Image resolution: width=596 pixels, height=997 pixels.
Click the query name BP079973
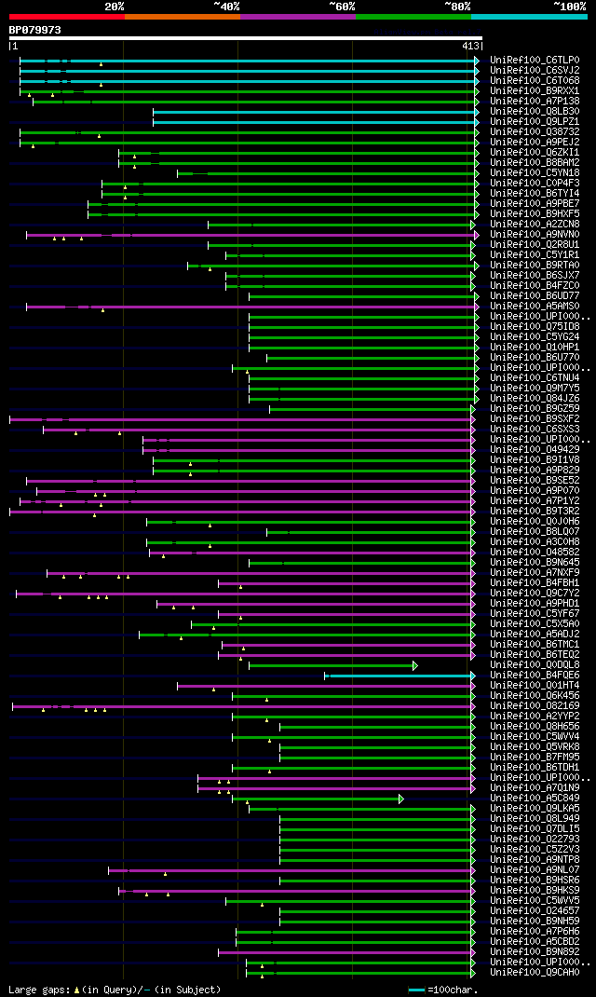point(35,30)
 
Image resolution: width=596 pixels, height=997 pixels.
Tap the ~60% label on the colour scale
point(342,6)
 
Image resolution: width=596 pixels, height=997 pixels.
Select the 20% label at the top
point(115,6)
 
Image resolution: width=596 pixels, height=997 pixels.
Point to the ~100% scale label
point(570,6)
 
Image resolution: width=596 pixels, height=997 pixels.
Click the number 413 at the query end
point(469,46)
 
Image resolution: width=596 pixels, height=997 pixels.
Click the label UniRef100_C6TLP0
point(535,61)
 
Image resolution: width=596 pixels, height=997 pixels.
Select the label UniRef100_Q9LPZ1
point(535,122)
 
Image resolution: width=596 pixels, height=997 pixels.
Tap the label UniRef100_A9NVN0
point(535,235)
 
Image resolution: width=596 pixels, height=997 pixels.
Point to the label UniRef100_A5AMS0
point(535,307)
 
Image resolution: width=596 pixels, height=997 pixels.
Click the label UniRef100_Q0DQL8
point(535,665)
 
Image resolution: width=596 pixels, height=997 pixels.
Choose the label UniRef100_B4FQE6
point(535,676)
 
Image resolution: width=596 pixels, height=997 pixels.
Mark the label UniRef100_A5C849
point(535,799)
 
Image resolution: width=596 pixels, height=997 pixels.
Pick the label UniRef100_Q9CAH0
point(535,973)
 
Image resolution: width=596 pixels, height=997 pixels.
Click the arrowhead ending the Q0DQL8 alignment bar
point(415,665)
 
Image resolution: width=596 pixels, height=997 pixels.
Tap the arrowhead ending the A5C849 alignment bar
point(401,799)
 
